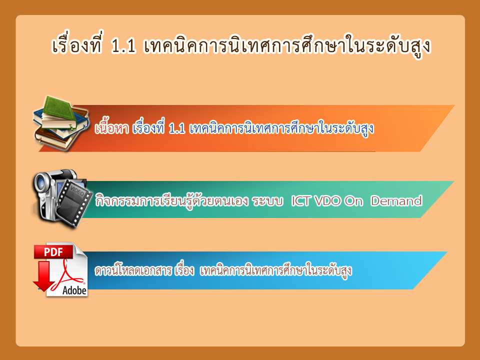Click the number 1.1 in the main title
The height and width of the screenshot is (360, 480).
click(x=123, y=46)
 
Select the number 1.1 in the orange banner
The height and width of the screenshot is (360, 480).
click(x=177, y=128)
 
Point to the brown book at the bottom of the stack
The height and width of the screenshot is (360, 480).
click(x=55, y=139)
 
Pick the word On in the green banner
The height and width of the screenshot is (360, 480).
click(x=353, y=201)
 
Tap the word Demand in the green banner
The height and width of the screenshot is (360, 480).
click(x=396, y=201)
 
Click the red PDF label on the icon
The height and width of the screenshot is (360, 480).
click(x=53, y=252)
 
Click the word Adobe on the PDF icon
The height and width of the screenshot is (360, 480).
click(x=74, y=290)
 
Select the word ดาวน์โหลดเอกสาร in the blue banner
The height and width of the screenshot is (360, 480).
click(x=133, y=270)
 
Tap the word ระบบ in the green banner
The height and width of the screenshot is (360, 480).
click(x=267, y=201)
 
